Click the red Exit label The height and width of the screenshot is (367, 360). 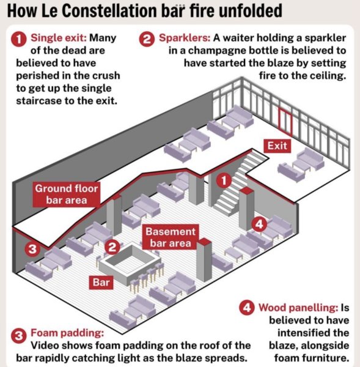tap(277, 146)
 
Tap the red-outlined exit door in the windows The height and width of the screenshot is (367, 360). tap(285, 122)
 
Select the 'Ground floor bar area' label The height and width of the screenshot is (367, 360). tap(67, 195)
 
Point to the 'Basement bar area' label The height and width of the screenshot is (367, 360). tap(171, 237)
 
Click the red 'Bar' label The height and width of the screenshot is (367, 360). tap(101, 282)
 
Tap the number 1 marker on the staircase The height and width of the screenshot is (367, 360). tap(224, 180)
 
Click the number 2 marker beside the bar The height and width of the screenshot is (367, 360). tap(112, 247)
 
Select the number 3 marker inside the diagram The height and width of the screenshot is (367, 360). tap(32, 249)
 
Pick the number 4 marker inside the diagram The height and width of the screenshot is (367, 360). tap(259, 224)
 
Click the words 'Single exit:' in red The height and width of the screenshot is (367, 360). tap(59, 38)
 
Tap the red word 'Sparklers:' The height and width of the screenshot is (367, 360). tap(185, 38)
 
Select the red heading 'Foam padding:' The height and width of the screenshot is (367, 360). tap(67, 333)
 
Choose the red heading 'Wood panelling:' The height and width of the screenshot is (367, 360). tap(298, 308)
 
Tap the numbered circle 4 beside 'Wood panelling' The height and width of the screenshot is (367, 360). tap(247, 307)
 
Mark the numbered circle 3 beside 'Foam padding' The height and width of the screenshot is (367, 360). tap(19, 336)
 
